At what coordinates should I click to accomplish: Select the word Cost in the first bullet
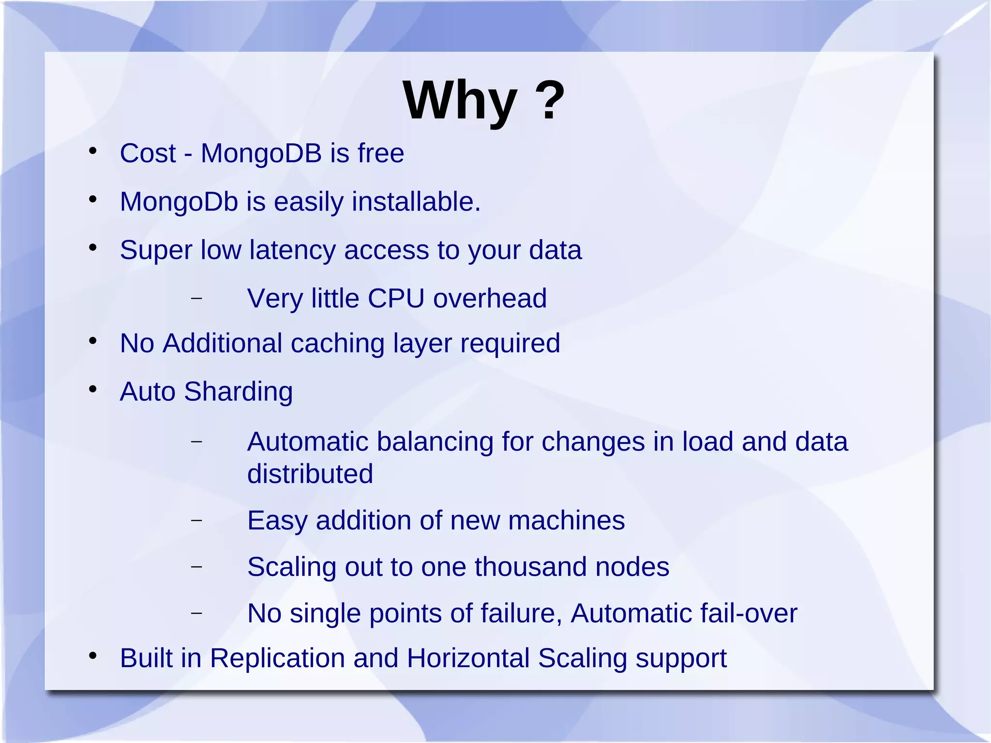pyautogui.click(x=148, y=153)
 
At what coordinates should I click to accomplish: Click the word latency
pyautogui.click(x=292, y=250)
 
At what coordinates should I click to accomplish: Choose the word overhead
pyautogui.click(x=490, y=298)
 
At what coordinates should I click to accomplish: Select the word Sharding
pyautogui.click(x=238, y=392)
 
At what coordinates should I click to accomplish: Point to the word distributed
pyautogui.click(x=310, y=473)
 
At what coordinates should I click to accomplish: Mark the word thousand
pyautogui.click(x=530, y=567)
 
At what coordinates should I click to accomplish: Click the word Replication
pyautogui.click(x=277, y=658)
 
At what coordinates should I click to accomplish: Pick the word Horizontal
pyautogui.click(x=468, y=658)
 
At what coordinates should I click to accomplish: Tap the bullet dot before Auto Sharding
pyautogui.click(x=93, y=389)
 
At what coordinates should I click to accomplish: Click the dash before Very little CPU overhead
pyautogui.click(x=196, y=298)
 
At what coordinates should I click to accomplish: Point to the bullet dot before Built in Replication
pyautogui.click(x=93, y=656)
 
